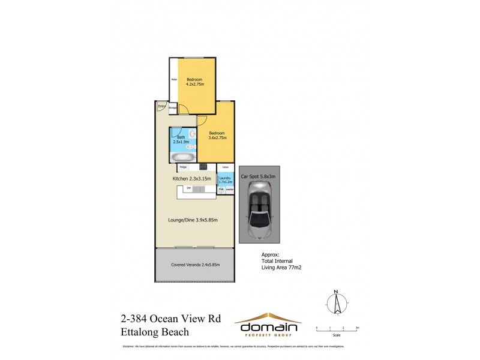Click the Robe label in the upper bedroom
coord(174,79)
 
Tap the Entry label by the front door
coord(161,107)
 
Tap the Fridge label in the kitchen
coord(181,167)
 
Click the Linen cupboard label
coord(225,167)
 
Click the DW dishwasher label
coord(188,188)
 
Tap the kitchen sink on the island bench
coord(199,189)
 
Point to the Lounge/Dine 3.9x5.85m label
coord(193,220)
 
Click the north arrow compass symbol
coord(337,303)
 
